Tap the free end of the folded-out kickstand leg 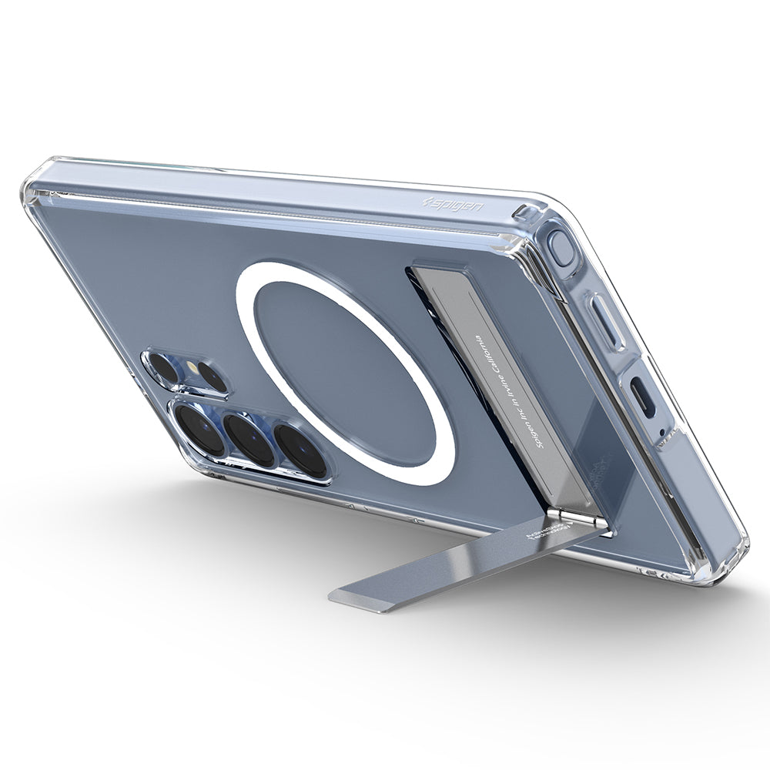(x=362, y=598)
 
